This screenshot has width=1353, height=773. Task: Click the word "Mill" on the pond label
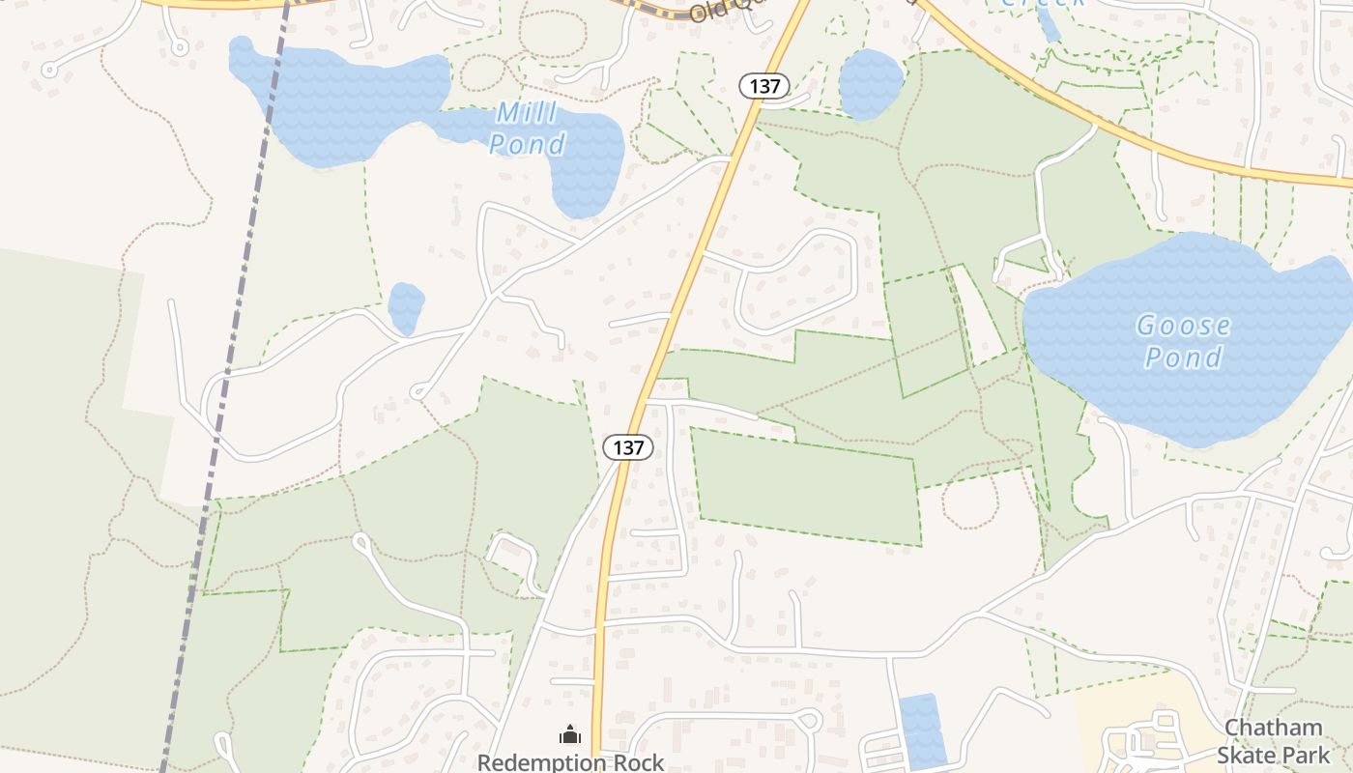click(x=527, y=114)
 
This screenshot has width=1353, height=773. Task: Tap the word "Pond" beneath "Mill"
click(x=527, y=145)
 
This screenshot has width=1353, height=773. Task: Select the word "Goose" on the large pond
click(x=1183, y=326)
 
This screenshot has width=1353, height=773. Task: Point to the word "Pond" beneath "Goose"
click(x=1183, y=358)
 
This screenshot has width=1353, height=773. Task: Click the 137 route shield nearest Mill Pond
click(x=764, y=86)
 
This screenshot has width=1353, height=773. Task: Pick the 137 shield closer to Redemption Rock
click(x=628, y=447)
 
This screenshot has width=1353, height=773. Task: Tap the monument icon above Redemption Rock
click(x=570, y=735)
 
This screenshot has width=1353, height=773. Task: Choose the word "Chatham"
click(x=1273, y=728)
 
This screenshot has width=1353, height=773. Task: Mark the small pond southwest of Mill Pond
click(x=406, y=306)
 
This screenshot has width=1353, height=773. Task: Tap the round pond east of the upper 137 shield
click(x=871, y=84)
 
